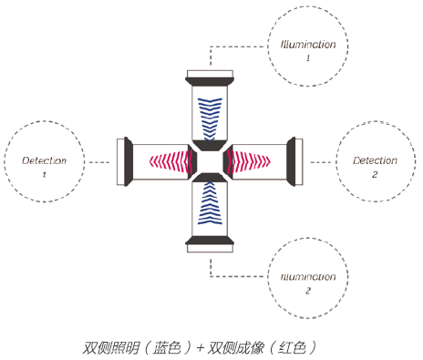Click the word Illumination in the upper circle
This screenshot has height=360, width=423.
308,45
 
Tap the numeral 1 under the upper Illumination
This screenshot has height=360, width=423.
308,57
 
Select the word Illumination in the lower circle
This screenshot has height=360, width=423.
308,277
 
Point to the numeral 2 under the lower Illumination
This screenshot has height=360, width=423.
308,291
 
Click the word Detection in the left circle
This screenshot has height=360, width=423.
44,160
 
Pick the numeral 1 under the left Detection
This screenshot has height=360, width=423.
44,174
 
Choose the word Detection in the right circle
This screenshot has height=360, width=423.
375,160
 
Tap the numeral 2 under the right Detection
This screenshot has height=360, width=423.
375,174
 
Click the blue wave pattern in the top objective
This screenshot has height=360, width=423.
210,119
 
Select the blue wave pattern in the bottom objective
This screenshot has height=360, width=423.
210,203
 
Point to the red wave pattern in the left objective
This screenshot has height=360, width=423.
170,161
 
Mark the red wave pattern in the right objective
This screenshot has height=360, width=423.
248,161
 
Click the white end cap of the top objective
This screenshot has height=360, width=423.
210,74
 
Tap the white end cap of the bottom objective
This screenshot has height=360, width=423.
210,249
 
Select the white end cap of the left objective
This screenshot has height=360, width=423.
120,161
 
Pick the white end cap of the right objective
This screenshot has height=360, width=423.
299,161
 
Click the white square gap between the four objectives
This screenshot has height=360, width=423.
210,161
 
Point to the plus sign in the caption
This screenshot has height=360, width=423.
201,348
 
